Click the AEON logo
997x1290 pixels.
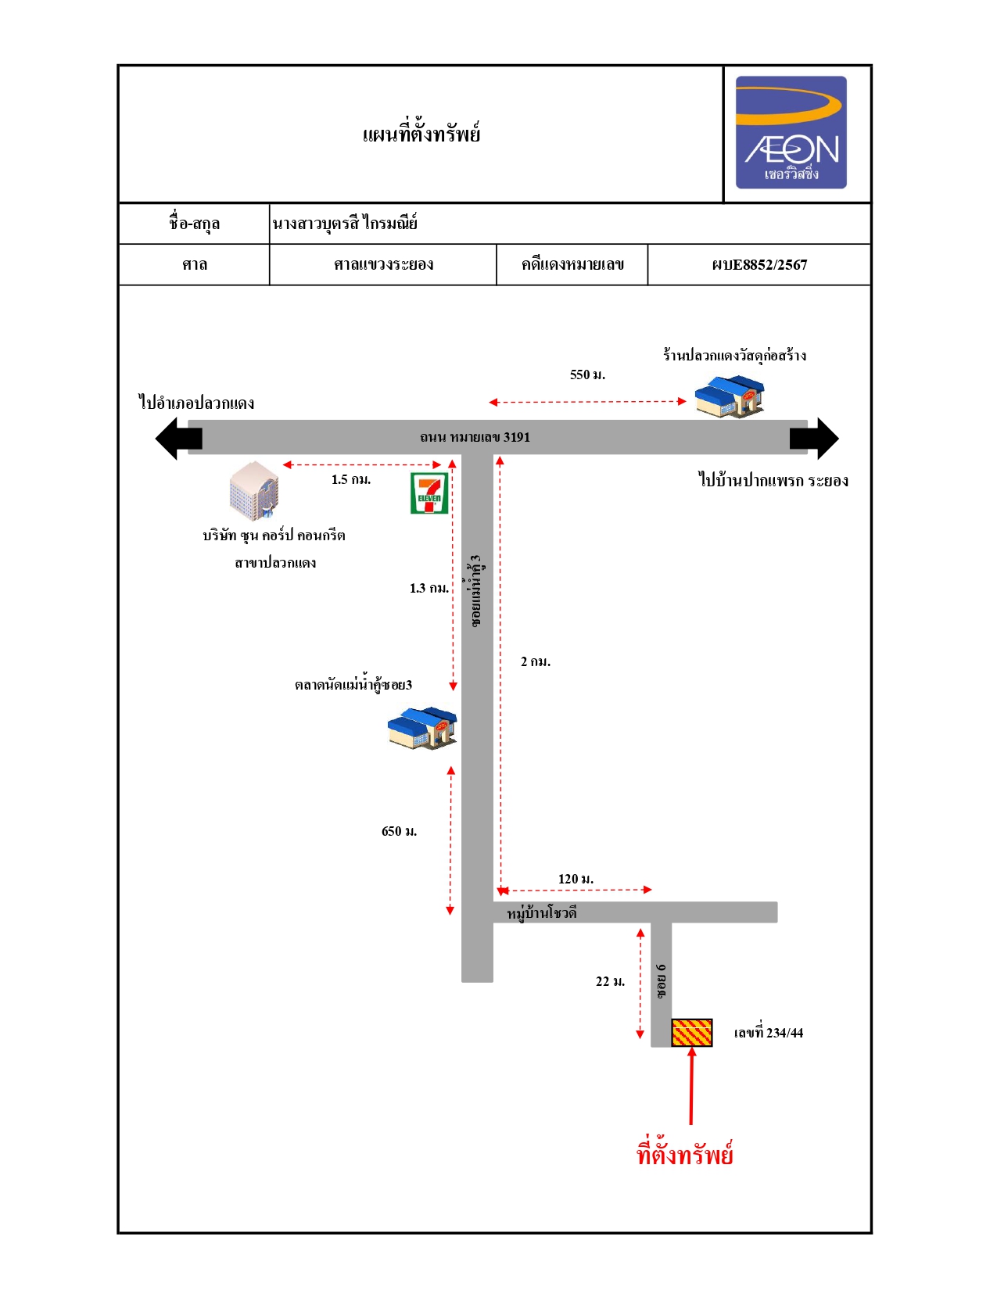791,132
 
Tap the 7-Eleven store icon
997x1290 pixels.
429,493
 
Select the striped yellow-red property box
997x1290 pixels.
692,1033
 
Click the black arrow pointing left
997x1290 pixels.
178,439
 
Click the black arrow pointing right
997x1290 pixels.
814,439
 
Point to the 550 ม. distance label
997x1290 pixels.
587,374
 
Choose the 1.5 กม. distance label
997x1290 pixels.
351,480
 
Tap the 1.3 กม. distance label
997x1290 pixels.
429,588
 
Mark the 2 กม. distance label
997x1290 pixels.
536,661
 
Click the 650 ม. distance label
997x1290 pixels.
399,831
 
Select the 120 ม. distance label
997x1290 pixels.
576,879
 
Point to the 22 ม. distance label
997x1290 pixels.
611,981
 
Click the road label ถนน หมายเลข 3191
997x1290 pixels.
475,438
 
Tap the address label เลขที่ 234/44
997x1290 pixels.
769,1033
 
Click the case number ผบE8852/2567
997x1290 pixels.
759,265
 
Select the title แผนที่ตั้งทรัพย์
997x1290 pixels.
421,134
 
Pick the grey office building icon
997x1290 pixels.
254,491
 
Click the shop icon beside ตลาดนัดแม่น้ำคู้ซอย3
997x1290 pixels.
422,728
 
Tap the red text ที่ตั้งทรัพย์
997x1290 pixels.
685,1152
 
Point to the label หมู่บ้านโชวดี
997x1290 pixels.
541,913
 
